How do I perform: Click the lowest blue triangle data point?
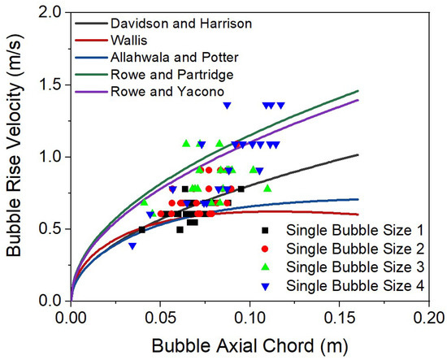132,245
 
